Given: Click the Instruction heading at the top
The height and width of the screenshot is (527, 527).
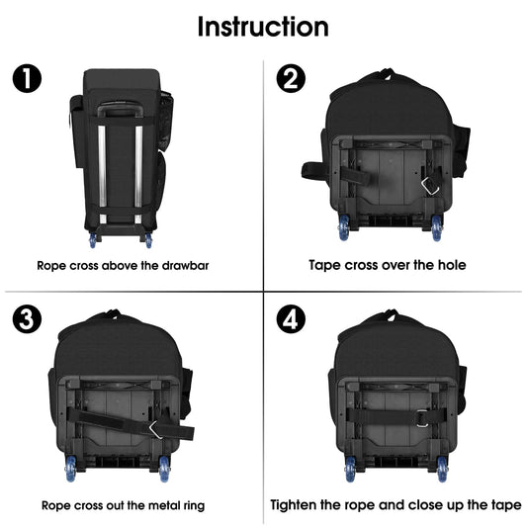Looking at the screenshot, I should (x=263, y=26).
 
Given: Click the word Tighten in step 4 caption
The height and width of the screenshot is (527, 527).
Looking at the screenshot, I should (x=300, y=505).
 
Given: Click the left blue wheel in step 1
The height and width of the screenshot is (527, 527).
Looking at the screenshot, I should (x=94, y=240).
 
